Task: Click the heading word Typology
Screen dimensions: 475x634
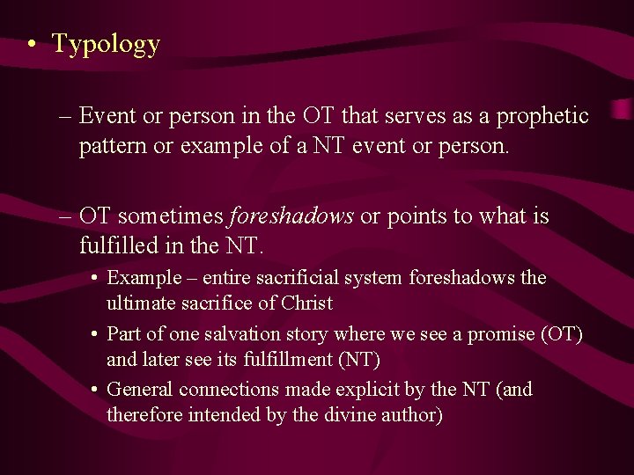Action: pos(106,44)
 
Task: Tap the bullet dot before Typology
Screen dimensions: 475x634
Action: pos(31,46)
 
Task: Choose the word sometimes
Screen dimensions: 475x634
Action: pos(172,216)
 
